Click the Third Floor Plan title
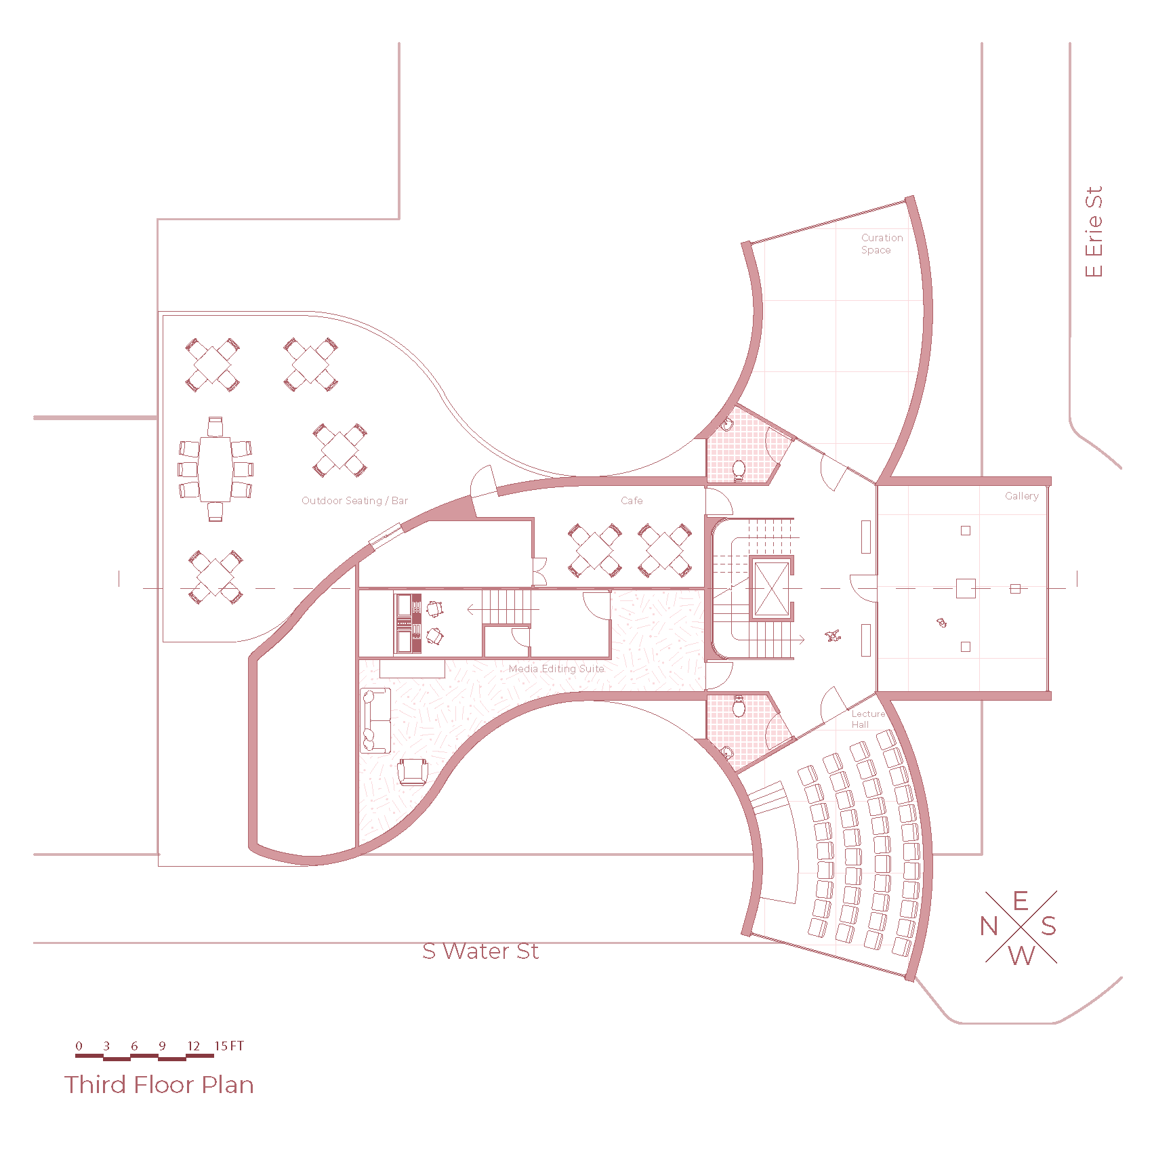tap(159, 1085)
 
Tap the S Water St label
tap(480, 951)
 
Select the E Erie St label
tap(1094, 232)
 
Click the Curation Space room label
tap(882, 244)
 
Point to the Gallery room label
tap(1021, 496)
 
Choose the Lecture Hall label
tap(868, 719)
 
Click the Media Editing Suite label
tap(556, 669)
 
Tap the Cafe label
tap(632, 501)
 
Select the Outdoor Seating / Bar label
tap(354, 501)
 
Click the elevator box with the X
tap(771, 589)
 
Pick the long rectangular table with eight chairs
tap(215, 469)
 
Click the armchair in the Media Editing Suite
tap(412, 772)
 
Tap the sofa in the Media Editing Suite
tap(375, 720)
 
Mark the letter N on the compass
tap(989, 926)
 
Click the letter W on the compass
tap(1021, 955)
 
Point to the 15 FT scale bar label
tap(229, 1046)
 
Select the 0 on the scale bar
tap(79, 1046)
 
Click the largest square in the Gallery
tap(966, 588)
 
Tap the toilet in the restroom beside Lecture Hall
tap(739, 707)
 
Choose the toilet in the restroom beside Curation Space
tap(739, 468)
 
